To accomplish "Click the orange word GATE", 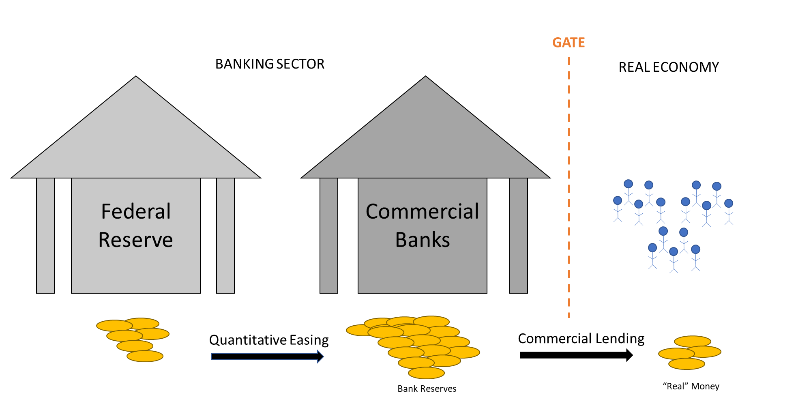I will pos(569,43).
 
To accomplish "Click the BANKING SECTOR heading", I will pos(270,64).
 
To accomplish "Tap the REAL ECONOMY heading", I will pos(669,67).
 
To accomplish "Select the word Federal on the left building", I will pos(136,211).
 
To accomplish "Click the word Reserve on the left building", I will pos(135,240).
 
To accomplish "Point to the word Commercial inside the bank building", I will pos(422,211).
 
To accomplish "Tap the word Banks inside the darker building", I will pos(423,240).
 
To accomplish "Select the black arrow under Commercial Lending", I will pos(576,355).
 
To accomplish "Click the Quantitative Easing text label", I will pos(269,340).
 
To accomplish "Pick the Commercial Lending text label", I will pos(581,338).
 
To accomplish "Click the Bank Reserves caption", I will pos(427,389).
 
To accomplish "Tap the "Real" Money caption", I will pos(691,386).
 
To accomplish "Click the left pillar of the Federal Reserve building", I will pos(45,235).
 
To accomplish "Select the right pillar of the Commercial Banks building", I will pos(518,235).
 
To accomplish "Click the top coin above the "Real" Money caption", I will pos(693,341).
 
